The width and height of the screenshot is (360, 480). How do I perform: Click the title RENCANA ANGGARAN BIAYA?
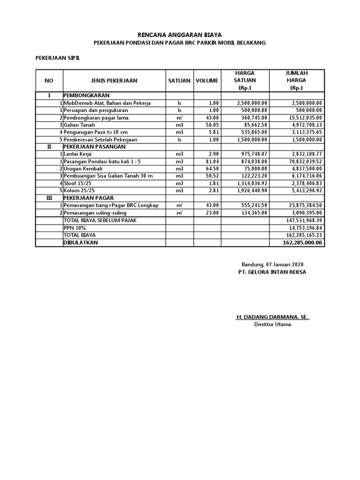pos(180,35)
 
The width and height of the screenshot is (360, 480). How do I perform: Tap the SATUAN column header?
pos(179,81)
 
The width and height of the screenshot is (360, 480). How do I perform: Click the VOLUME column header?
pos(207,81)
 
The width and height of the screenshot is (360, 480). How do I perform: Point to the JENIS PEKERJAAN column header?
pos(114,81)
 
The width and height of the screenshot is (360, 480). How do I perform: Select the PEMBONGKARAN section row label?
pos(83,95)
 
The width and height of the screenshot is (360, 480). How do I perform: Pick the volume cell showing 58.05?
pos(211,125)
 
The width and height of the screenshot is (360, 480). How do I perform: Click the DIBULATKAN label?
pos(81,243)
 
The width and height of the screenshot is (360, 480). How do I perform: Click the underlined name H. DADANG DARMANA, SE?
pos(272,317)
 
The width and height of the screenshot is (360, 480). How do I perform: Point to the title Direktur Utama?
pos(272,324)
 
